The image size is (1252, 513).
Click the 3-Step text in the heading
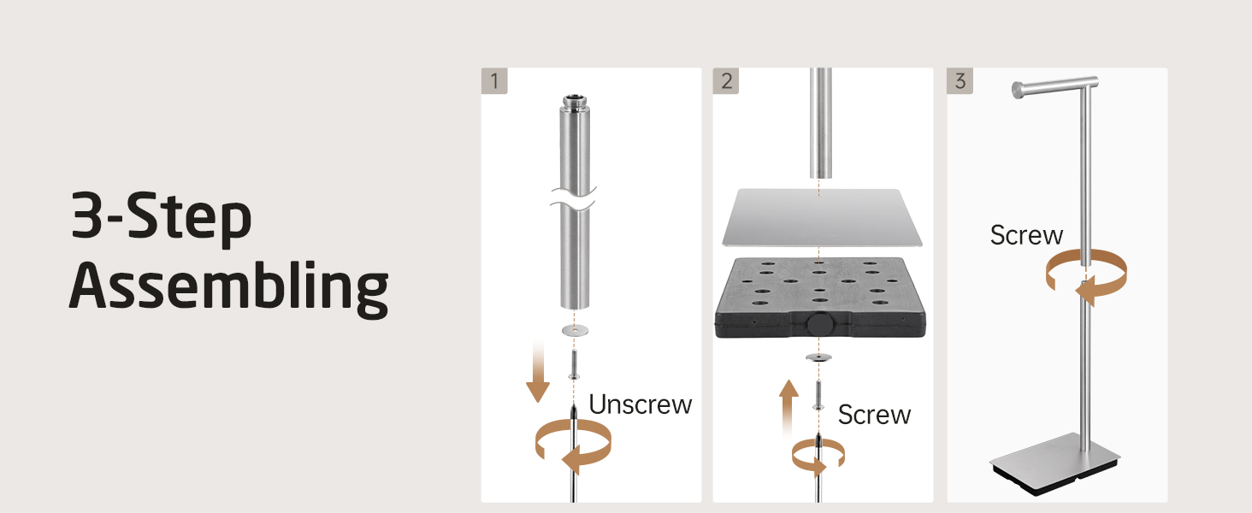[162, 217]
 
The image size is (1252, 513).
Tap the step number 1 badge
[494, 81]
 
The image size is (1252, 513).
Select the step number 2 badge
[726, 81]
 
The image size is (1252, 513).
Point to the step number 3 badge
[960, 81]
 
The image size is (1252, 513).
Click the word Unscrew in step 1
[641, 404]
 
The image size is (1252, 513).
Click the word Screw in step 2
[874, 415]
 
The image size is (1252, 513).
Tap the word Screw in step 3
[1026, 235]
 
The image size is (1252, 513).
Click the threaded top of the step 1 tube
[576, 103]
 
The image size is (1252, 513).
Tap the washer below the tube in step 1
[576, 330]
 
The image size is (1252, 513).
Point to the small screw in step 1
[574, 363]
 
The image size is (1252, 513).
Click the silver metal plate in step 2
[822, 217]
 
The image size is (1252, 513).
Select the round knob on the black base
[819, 324]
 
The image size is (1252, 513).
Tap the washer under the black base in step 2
[818, 357]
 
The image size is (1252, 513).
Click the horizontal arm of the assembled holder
[1054, 86]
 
